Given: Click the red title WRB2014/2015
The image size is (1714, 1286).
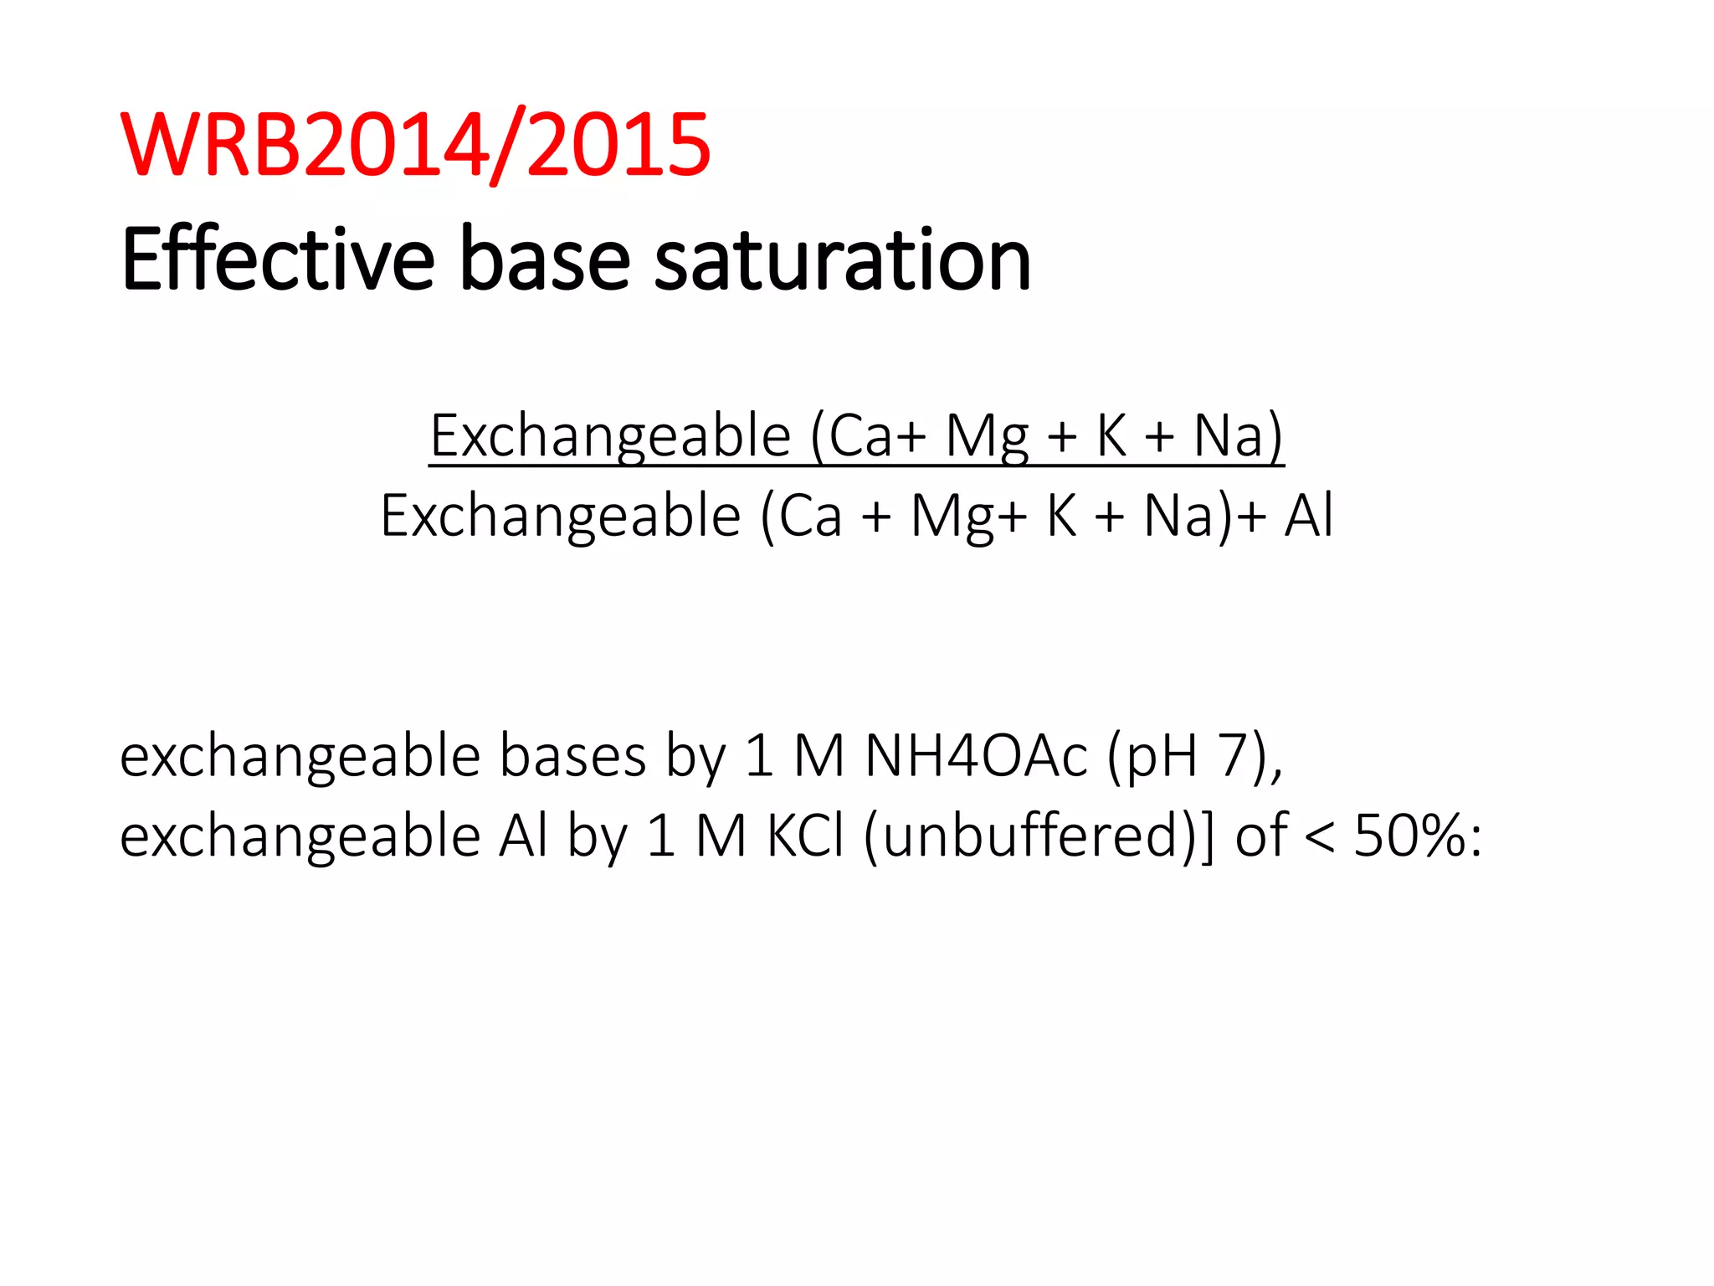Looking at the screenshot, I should tap(416, 146).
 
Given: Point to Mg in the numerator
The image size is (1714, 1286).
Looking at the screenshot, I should tap(987, 436).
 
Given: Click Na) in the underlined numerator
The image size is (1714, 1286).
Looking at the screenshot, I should tap(1238, 436).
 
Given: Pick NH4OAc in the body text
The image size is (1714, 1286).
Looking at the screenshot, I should tap(976, 756).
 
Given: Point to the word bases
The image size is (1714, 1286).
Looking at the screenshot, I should tap(572, 756).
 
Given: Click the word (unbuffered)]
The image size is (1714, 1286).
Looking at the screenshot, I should tap(1039, 836).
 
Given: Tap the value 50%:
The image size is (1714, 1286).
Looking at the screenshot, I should tap(1418, 836).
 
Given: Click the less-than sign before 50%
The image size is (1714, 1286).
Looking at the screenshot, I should tap(1319, 838).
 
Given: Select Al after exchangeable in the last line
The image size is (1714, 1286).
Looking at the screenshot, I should tap(523, 836).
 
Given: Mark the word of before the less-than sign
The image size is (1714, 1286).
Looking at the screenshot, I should tap(1260, 836).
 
